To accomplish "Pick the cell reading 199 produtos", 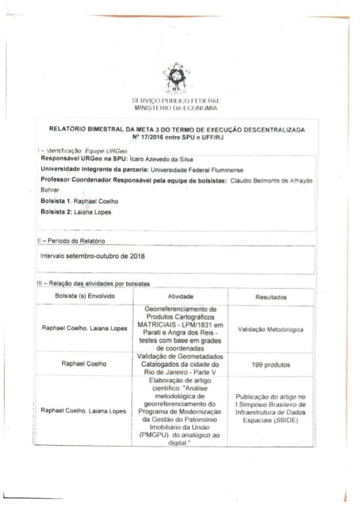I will click(269, 368).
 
